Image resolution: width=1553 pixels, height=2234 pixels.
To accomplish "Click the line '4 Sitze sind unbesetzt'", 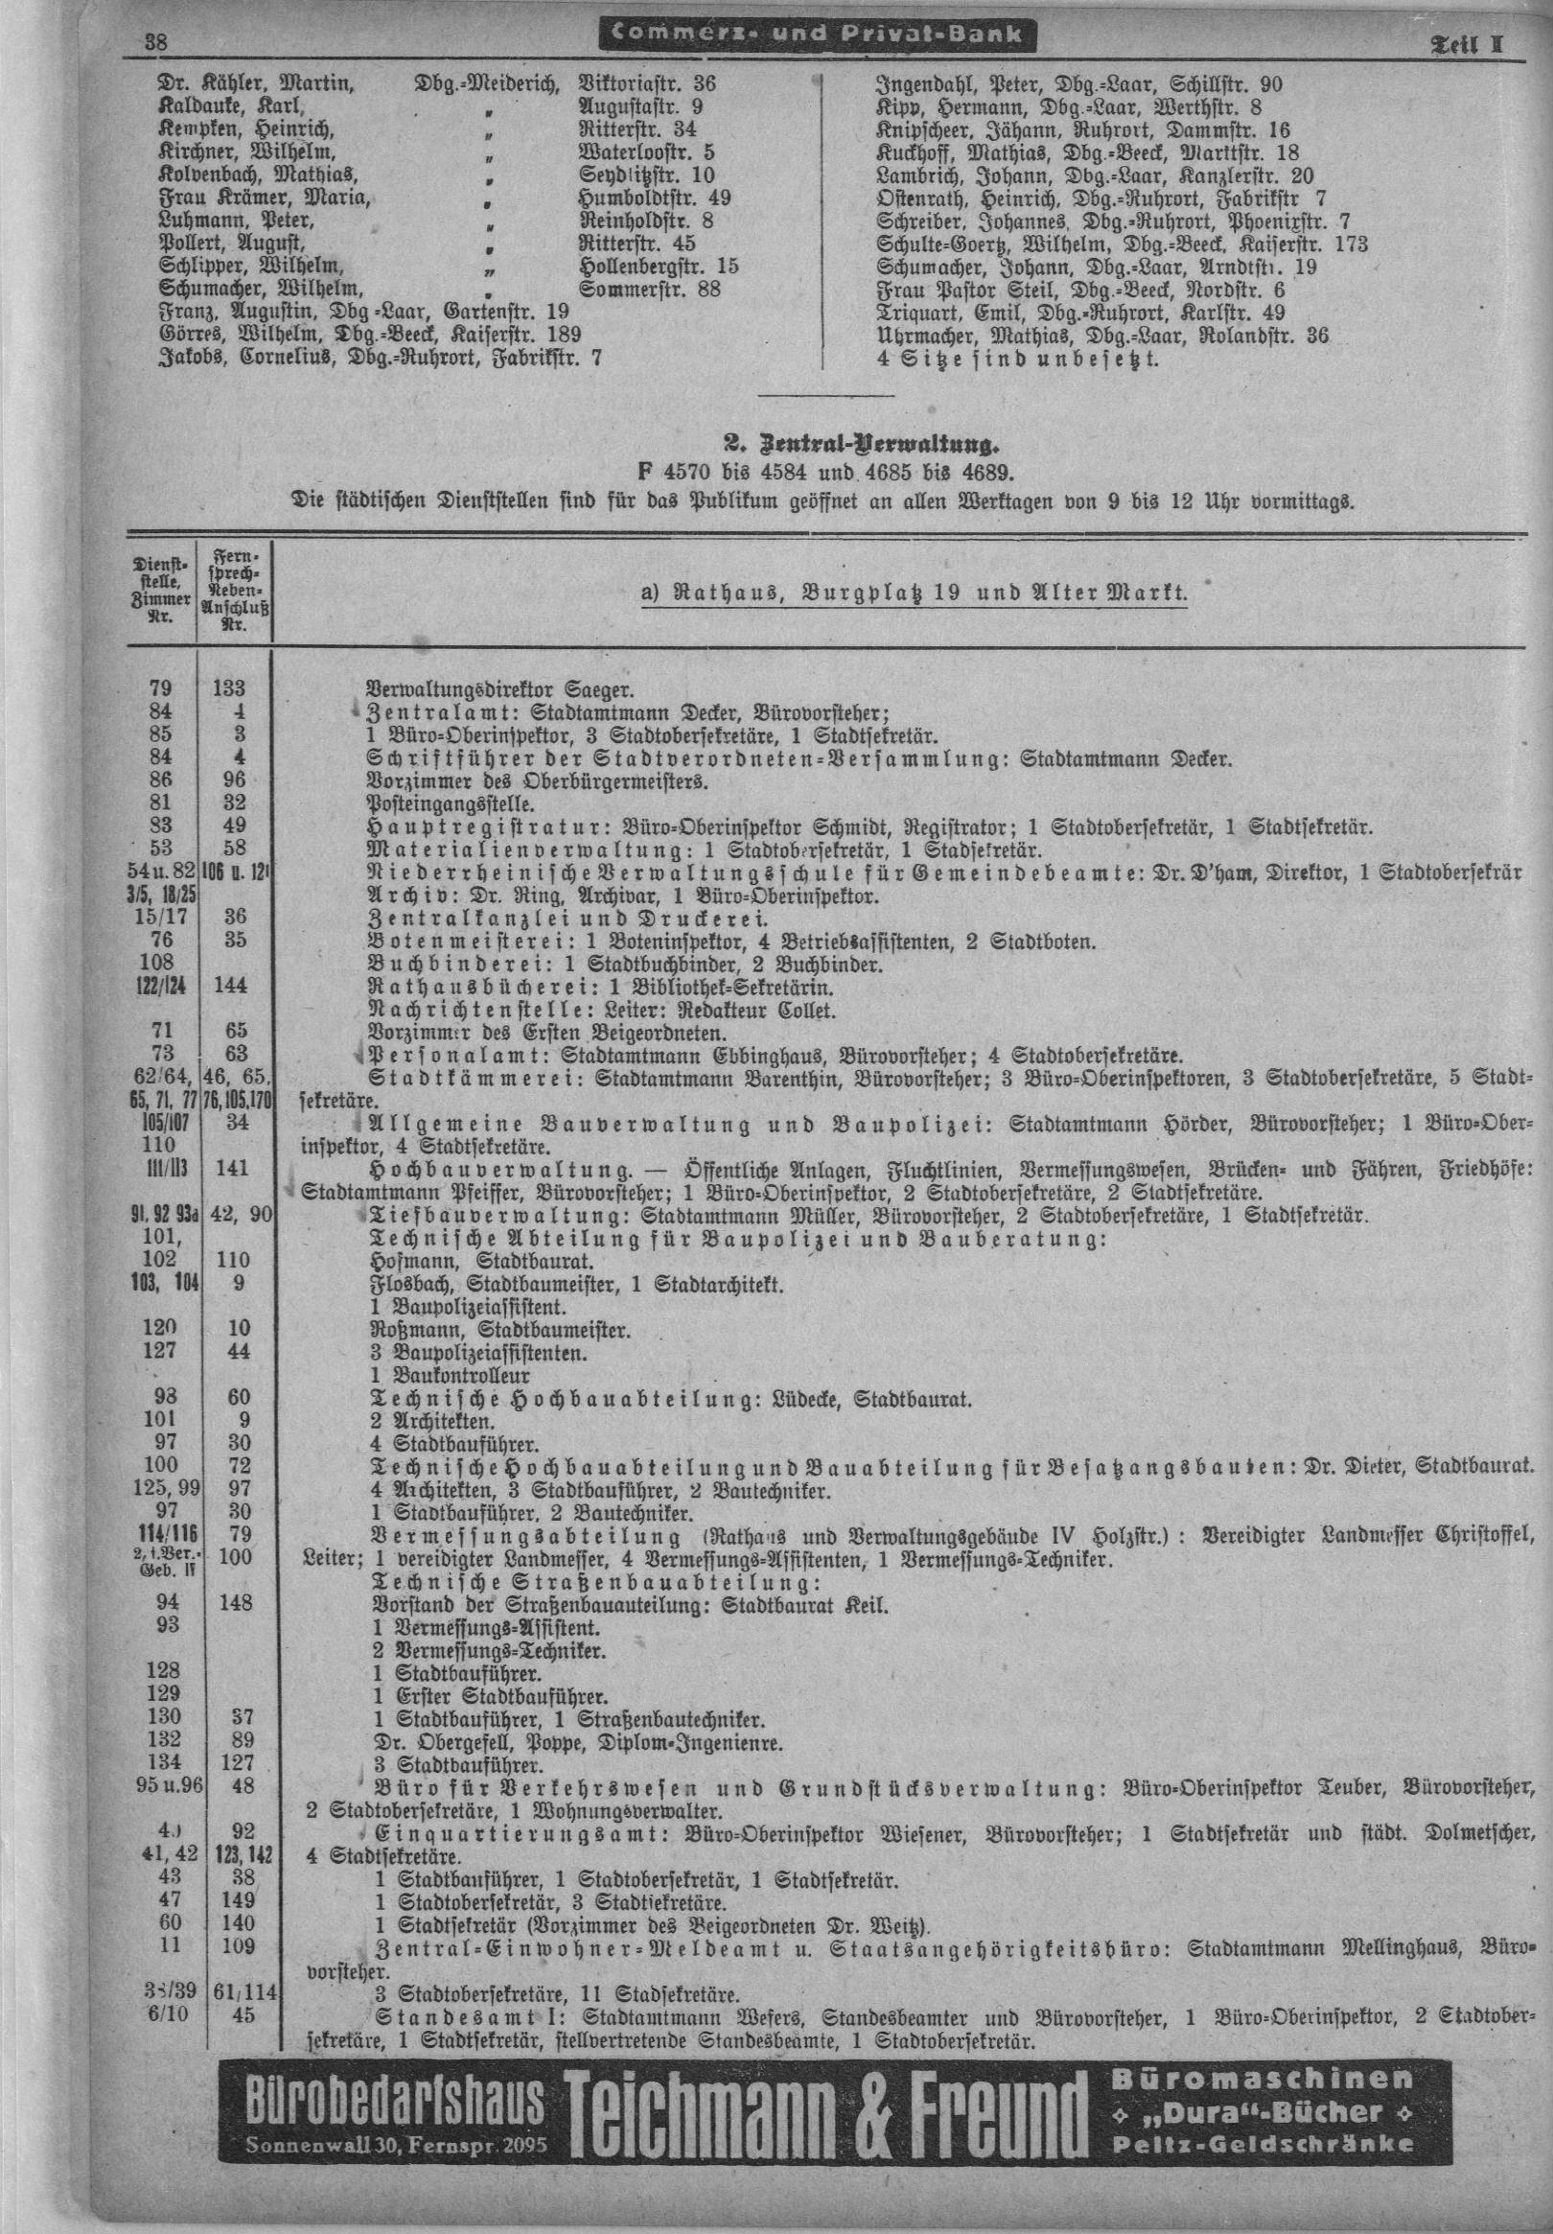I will pos(1018,359).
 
